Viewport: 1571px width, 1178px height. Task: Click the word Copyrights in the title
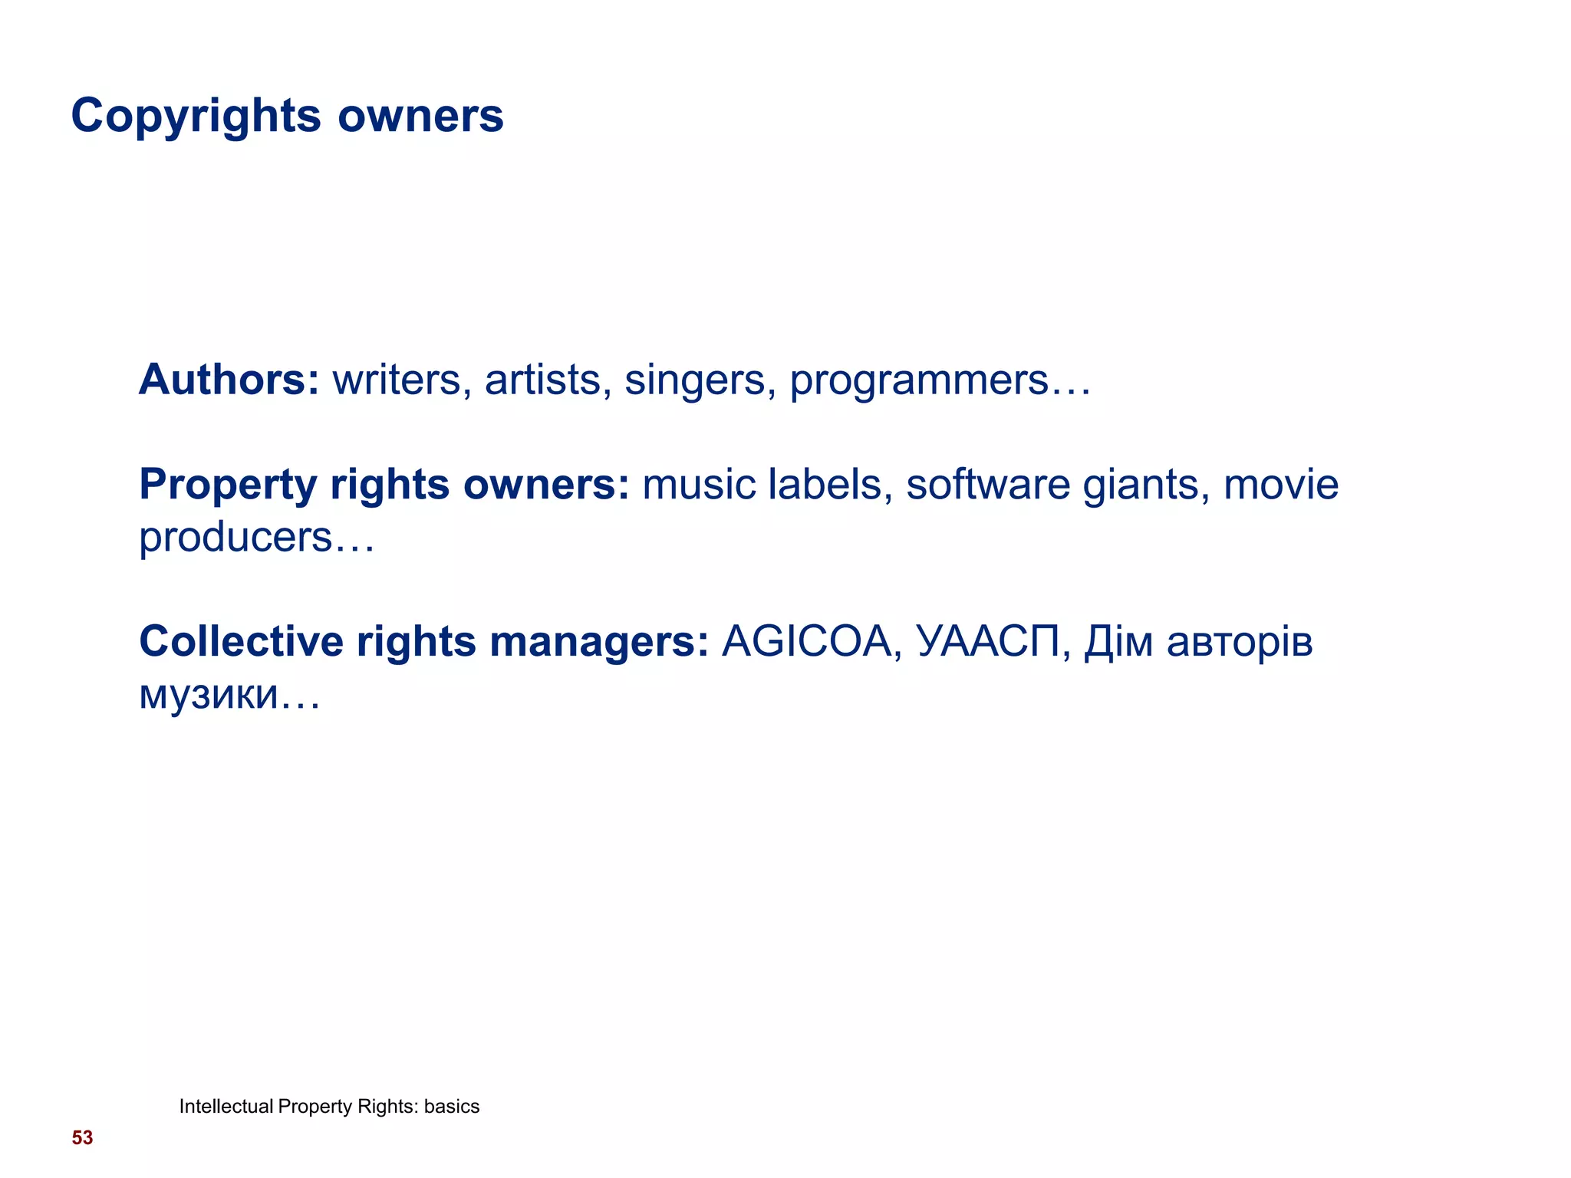(196, 117)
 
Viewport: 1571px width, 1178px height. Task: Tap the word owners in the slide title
(420, 117)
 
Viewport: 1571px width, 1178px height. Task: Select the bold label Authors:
(229, 380)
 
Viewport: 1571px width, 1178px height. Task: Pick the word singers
(694, 381)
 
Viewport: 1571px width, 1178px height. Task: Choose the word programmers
(919, 381)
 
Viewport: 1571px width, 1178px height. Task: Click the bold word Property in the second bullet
(228, 485)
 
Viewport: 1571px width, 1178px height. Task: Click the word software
(987, 485)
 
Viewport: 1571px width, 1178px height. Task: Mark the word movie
(1281, 485)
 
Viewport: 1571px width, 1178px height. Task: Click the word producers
(235, 538)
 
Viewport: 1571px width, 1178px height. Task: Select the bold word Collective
(241, 642)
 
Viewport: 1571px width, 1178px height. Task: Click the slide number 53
(82, 1138)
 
